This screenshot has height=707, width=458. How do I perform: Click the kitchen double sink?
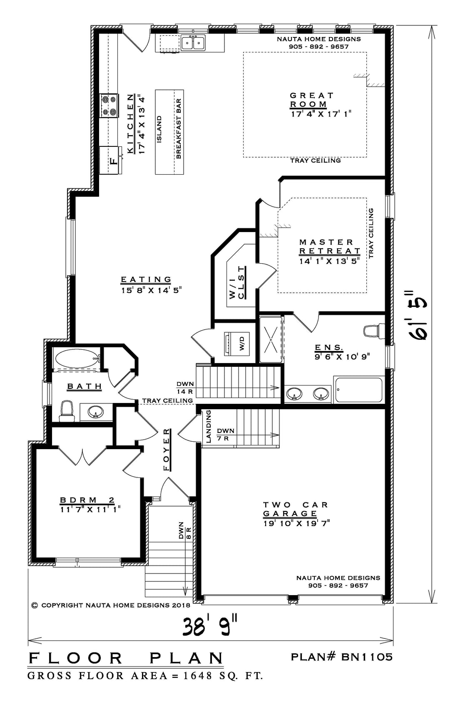click(x=193, y=42)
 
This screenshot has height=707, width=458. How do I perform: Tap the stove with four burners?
click(x=109, y=106)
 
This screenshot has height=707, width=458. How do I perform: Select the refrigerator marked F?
click(x=111, y=160)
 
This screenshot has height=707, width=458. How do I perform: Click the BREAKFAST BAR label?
click(x=179, y=129)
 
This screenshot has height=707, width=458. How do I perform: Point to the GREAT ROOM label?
click(x=312, y=99)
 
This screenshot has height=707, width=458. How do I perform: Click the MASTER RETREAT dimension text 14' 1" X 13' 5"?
click(x=330, y=261)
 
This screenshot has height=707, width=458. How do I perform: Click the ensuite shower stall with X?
click(x=271, y=340)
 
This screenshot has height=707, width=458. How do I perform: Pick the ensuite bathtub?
click(x=359, y=390)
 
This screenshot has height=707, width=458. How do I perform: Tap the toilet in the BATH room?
click(x=67, y=411)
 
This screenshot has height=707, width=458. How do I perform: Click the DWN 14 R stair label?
click(x=185, y=388)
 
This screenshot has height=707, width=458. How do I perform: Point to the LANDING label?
click(x=209, y=426)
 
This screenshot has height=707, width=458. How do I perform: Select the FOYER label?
click(x=167, y=450)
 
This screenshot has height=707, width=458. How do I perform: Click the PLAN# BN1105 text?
click(x=342, y=657)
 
